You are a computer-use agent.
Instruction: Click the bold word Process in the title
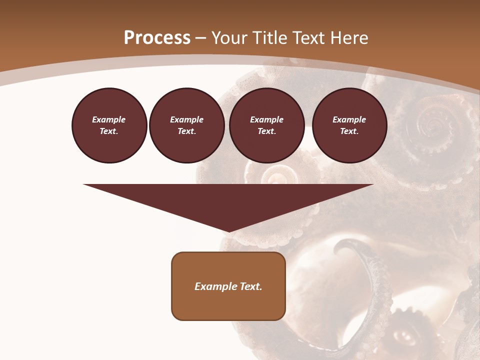(x=157, y=38)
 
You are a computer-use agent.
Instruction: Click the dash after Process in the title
(x=201, y=38)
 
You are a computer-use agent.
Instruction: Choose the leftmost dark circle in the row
(x=109, y=125)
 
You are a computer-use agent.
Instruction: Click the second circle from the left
(x=186, y=125)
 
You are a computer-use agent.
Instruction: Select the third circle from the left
(x=266, y=125)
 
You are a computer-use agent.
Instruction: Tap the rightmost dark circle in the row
(x=349, y=125)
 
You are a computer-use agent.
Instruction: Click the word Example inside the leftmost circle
(x=109, y=120)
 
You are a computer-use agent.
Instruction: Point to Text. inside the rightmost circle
(x=349, y=131)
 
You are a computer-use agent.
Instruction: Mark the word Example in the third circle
(x=266, y=120)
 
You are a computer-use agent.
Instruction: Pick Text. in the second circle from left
(x=186, y=131)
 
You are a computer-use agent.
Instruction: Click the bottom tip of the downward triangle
(x=228, y=230)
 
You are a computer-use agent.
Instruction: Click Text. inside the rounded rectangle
(x=250, y=286)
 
